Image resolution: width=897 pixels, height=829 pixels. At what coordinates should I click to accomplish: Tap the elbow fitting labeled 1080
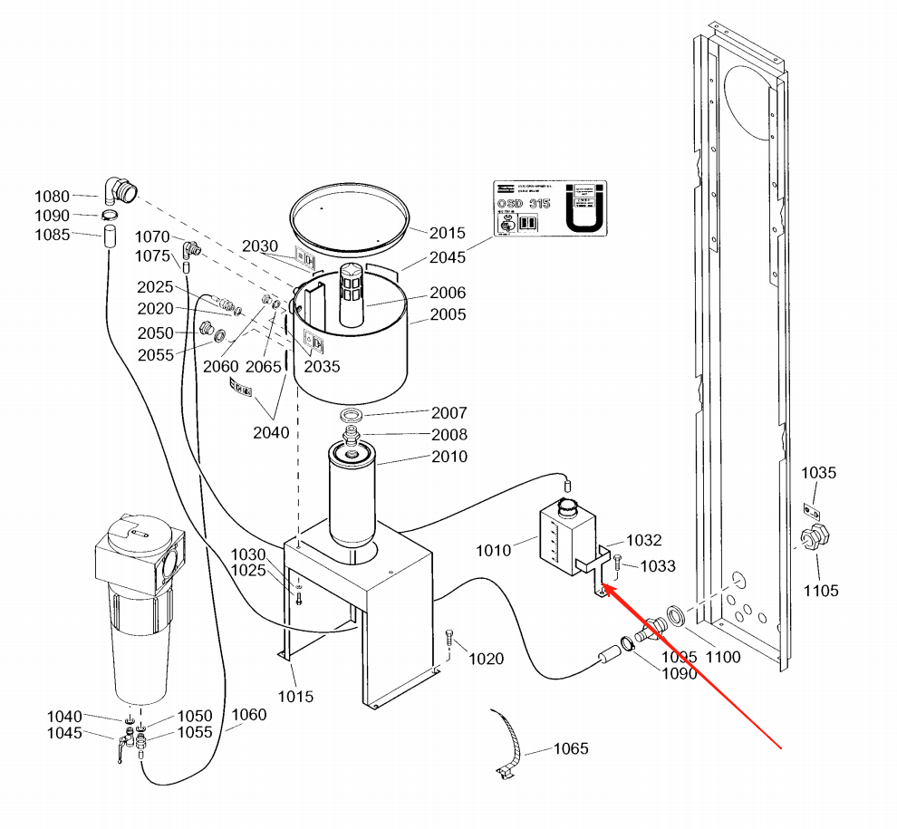[121, 189]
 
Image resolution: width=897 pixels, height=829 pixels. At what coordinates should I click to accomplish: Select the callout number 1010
[494, 549]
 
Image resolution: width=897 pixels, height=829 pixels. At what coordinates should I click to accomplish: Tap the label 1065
[570, 748]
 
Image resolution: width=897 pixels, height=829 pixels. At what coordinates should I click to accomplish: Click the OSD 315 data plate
[547, 207]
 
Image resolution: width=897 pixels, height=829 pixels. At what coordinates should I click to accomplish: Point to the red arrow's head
[604, 589]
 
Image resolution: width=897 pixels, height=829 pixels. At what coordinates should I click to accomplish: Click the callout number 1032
[644, 541]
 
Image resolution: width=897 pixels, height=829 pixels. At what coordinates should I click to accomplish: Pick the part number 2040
[271, 432]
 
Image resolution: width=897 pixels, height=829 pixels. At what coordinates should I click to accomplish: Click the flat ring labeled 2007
[353, 414]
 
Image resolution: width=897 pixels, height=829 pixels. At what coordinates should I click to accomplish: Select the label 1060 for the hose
[248, 715]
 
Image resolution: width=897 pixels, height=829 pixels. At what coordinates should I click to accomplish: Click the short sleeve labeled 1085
[109, 239]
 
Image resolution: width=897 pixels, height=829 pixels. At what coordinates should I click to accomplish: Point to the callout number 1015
[295, 696]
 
